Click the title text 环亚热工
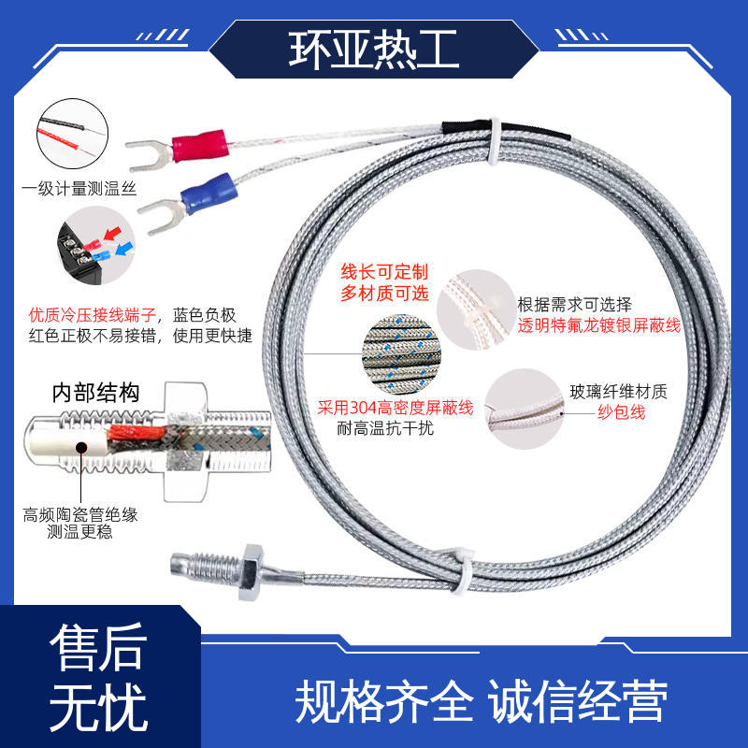coord(373,50)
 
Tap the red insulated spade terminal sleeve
coord(199,145)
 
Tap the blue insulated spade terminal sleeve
coord(209,194)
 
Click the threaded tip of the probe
coord(204,568)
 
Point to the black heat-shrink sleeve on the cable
coord(506,130)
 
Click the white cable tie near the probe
coord(460,571)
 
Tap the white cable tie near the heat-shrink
coord(494,141)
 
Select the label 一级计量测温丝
coord(79,189)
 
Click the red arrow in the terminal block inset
coord(112,234)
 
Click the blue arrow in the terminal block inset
coord(124,249)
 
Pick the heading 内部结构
coord(95,393)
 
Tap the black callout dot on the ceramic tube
coord(81,448)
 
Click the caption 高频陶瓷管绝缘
coord(80,515)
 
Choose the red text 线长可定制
coord(384,272)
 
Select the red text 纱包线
coord(621,412)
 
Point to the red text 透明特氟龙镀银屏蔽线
coord(598,325)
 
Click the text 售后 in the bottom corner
coord(98,647)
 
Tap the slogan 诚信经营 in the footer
coord(577,700)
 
